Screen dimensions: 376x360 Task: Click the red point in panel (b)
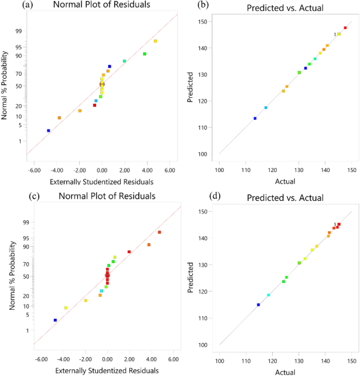click(x=345, y=28)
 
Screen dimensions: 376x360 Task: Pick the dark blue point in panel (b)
click(x=255, y=118)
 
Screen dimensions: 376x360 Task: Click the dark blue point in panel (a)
click(x=48, y=130)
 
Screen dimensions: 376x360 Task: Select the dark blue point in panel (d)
click(x=258, y=304)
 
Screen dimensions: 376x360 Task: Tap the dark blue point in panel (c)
click(x=55, y=320)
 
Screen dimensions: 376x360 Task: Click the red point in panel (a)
click(x=95, y=105)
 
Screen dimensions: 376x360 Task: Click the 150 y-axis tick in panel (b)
click(x=207, y=22)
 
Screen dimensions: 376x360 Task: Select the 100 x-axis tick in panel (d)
click(x=220, y=361)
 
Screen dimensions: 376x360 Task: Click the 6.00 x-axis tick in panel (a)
click(x=170, y=171)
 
